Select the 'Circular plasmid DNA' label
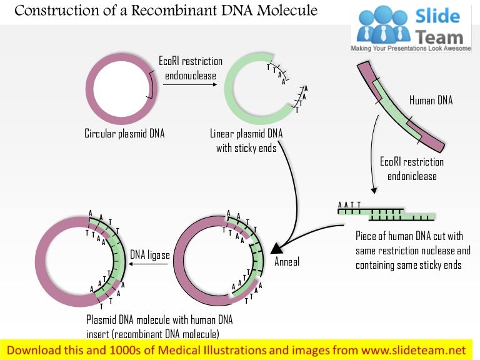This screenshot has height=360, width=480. pos(124,133)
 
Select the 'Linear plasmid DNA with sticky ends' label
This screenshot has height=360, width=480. pos(246,141)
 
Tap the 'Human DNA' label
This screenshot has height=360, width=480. pos(431,100)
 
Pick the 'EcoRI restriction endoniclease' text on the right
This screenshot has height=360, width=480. pos(412,169)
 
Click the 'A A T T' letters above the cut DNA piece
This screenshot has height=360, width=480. pos(349,204)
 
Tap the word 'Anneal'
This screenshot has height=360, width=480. pos(287,261)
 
